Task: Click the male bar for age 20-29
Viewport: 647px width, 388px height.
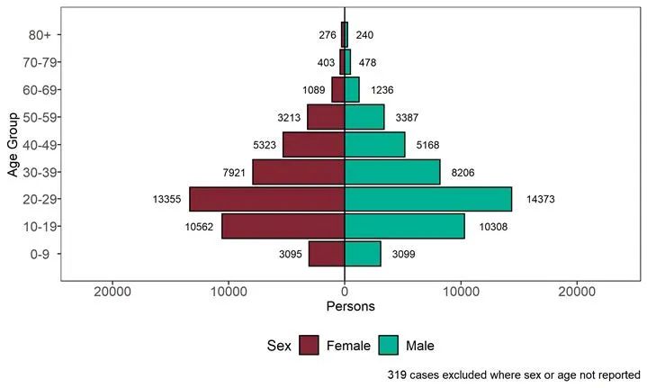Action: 428,199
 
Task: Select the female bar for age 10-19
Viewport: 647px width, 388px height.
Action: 283,226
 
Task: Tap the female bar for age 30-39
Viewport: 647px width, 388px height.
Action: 299,172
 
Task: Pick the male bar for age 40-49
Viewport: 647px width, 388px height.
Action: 374,144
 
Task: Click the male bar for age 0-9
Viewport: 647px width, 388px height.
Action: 363,254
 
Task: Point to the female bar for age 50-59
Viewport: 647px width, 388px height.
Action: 326,117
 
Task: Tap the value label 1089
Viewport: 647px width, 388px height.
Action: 312,90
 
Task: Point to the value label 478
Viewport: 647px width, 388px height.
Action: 367,62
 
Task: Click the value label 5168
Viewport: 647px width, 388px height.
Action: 429,144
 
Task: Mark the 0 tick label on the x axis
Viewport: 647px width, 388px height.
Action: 345,292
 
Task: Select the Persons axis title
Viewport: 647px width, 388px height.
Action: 345,307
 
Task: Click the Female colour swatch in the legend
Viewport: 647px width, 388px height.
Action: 310,345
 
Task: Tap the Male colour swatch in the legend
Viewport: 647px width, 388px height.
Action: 390,345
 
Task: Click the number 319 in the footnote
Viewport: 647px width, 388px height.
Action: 397,374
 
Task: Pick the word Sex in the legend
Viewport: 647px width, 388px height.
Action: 278,345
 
